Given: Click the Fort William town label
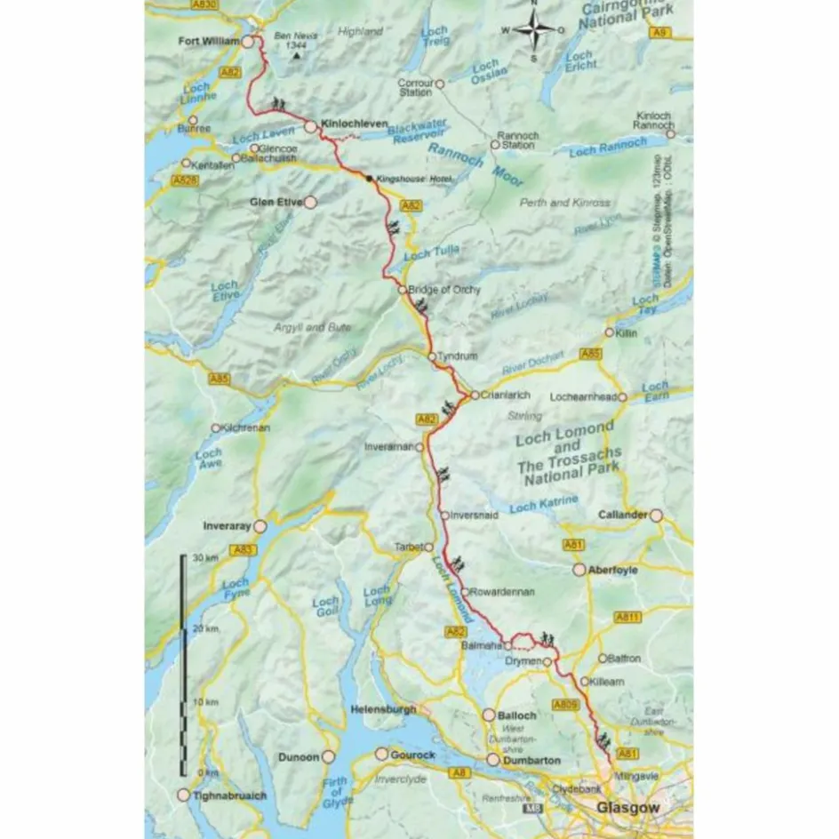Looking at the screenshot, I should tap(209, 41).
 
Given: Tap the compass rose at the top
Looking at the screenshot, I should tap(533, 30).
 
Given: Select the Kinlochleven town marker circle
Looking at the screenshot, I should tap(310, 127).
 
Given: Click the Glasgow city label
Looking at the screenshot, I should tap(629, 808).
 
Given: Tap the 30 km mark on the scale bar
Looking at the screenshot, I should tap(198, 557).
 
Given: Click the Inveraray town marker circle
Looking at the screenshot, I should tap(260, 526).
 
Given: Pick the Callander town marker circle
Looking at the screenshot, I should tap(656, 515).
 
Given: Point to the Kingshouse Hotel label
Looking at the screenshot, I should tap(412, 179).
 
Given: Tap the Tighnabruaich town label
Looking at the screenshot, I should tap(228, 795).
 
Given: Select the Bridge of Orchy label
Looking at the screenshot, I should tap(444, 290).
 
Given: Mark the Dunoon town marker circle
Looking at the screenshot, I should tap(328, 756).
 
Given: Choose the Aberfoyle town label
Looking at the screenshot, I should tap(613, 570).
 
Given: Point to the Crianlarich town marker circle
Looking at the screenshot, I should tap(475, 396).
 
